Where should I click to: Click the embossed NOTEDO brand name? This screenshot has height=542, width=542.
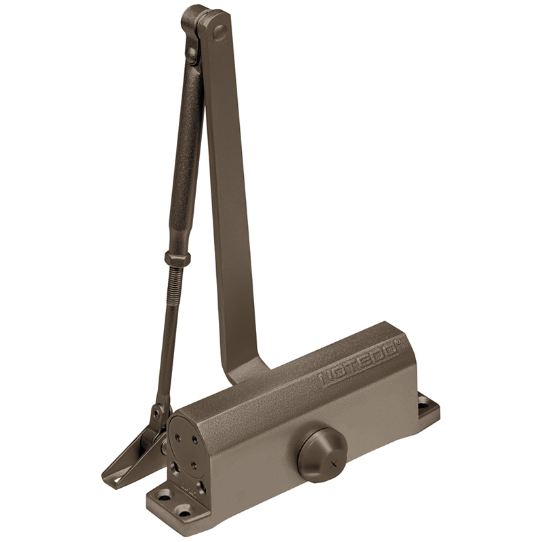tap(359, 365)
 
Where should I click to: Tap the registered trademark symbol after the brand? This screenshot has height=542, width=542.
tap(398, 341)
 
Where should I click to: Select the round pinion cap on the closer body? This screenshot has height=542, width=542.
tap(322, 454)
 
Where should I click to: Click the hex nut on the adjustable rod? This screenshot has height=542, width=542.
tap(178, 257)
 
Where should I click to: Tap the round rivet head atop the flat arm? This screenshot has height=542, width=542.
tap(220, 33)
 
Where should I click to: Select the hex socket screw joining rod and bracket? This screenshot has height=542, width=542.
tap(157, 413)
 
